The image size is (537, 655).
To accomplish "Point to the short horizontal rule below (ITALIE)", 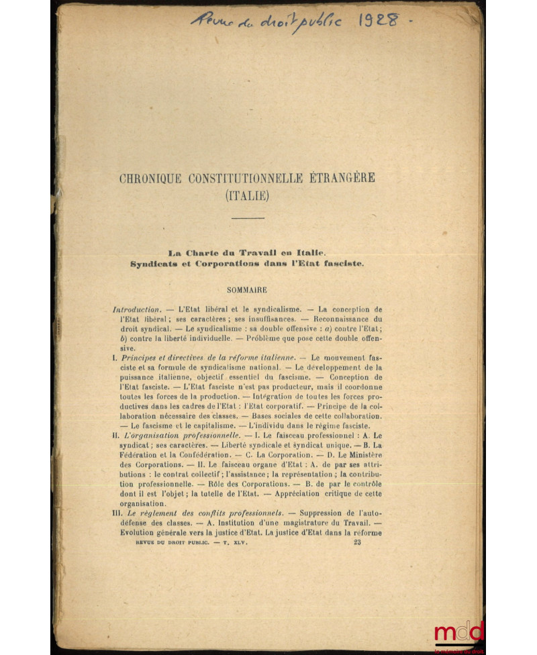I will [248, 218].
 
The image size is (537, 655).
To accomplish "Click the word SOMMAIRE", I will [248, 290].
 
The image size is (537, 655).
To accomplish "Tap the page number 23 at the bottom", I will [357, 543].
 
